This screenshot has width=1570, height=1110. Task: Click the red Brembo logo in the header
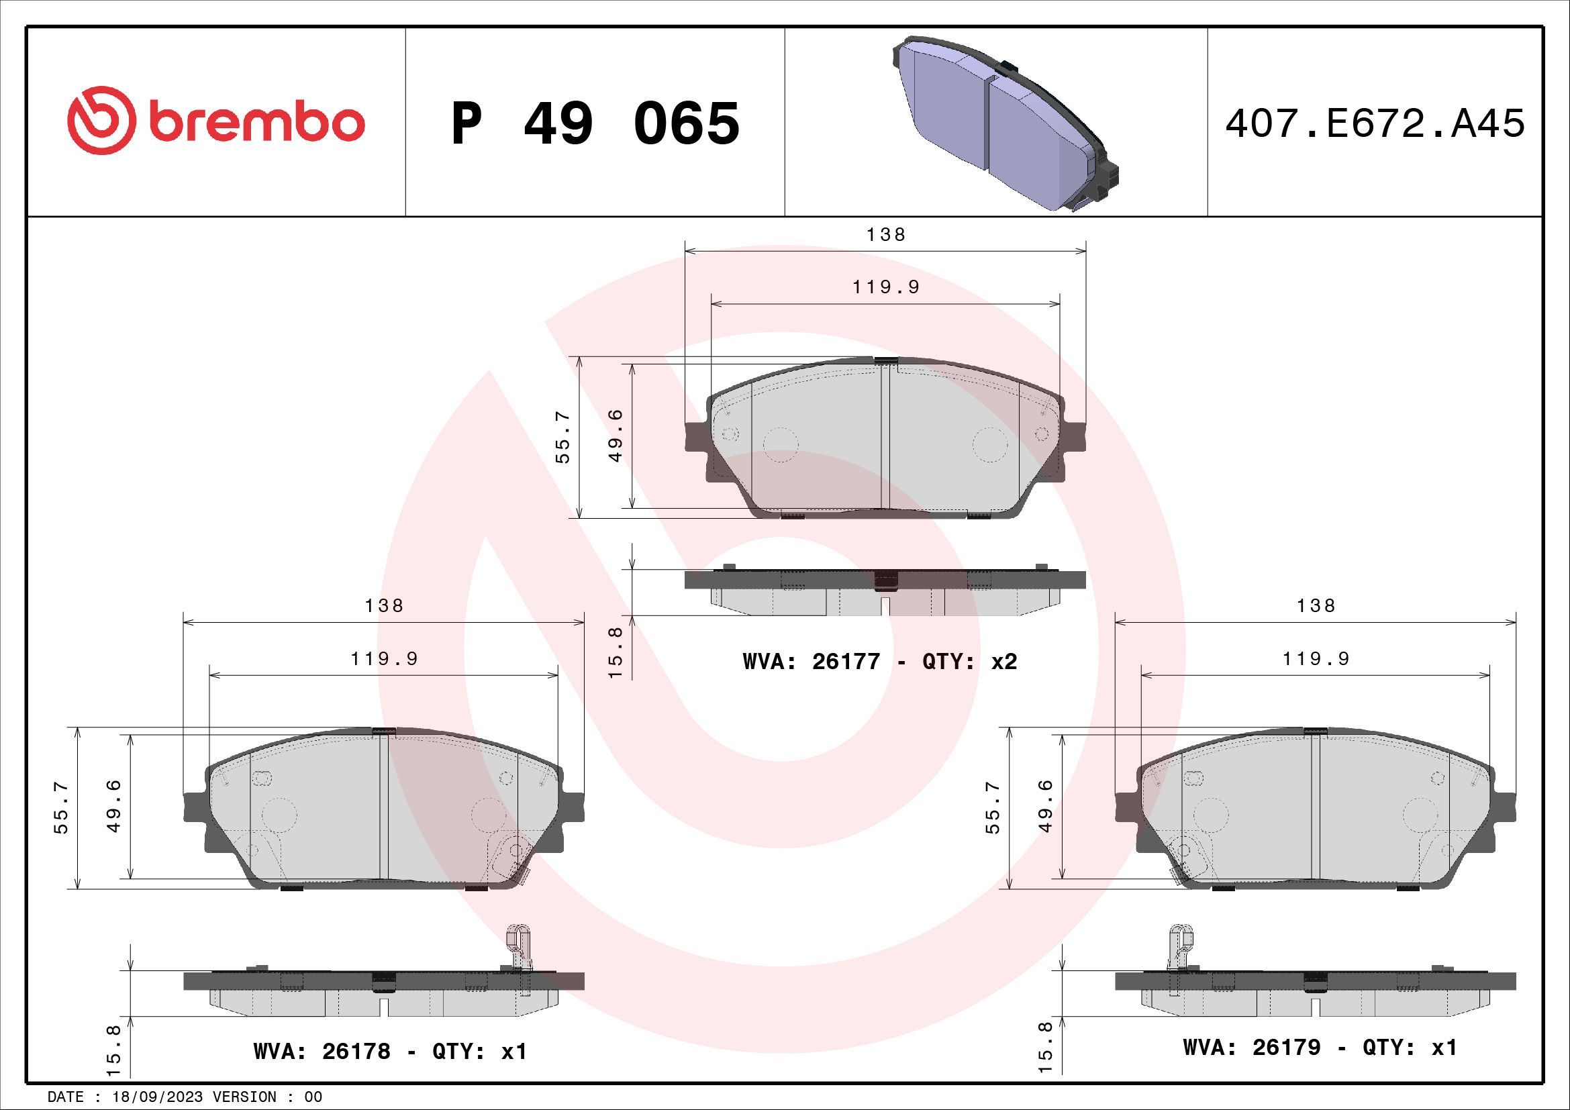click(x=215, y=123)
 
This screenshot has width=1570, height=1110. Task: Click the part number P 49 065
click(x=595, y=123)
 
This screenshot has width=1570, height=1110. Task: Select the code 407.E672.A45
click(x=1375, y=123)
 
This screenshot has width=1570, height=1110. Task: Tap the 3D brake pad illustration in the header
click(x=1005, y=123)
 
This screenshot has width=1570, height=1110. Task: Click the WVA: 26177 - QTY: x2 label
click(x=880, y=662)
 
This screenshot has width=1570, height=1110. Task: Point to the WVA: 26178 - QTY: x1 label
click(x=390, y=1050)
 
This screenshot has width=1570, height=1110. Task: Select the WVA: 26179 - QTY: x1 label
click(x=1320, y=1047)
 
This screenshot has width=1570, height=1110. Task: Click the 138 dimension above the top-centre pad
click(x=885, y=234)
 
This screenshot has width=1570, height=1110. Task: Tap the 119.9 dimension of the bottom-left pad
click(x=384, y=658)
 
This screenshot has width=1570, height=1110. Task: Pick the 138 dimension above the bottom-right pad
click(x=1316, y=605)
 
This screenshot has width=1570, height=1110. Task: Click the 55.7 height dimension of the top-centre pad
click(x=562, y=438)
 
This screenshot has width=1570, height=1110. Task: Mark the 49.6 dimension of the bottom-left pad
click(x=115, y=807)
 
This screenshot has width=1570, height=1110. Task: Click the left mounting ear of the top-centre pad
click(x=695, y=438)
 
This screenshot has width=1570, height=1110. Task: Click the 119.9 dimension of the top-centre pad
click(x=885, y=287)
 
